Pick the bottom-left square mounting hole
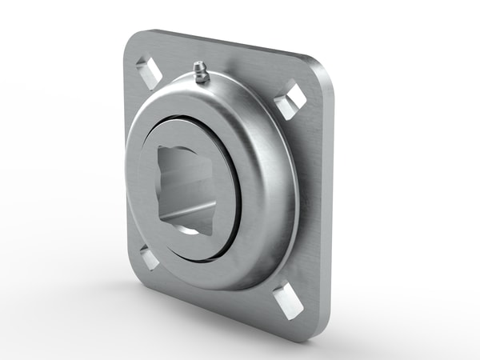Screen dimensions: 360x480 click(x=148, y=256)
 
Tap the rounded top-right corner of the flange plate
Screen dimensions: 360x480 click(x=324, y=66)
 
